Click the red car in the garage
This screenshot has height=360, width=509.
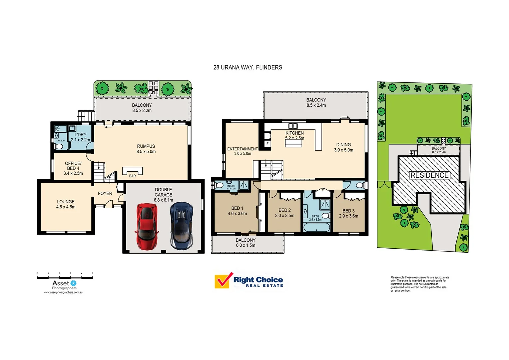click(x=147, y=226)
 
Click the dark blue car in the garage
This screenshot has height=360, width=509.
click(x=181, y=226)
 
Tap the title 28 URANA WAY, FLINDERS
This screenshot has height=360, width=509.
click(x=248, y=67)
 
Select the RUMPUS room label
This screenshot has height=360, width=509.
click(x=146, y=149)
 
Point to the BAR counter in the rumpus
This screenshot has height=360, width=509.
click(x=132, y=171)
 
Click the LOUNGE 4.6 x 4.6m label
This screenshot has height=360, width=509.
click(x=66, y=204)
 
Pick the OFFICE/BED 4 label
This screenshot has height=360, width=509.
click(x=73, y=168)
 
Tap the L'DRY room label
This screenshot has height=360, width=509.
click(x=80, y=137)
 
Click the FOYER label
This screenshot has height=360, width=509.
click(x=105, y=193)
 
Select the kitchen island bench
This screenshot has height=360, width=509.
click(x=293, y=143)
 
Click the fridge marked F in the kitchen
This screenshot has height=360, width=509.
click(x=267, y=144)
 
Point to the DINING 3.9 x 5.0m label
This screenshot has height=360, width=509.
click(x=343, y=147)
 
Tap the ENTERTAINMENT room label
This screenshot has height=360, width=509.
click(x=242, y=151)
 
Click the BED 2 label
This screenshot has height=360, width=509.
click(x=284, y=213)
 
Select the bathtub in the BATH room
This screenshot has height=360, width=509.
click(x=316, y=228)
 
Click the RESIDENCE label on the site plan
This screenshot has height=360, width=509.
click(x=429, y=175)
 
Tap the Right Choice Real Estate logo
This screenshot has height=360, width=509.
click(x=249, y=281)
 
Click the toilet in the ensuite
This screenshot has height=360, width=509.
click(x=219, y=185)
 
